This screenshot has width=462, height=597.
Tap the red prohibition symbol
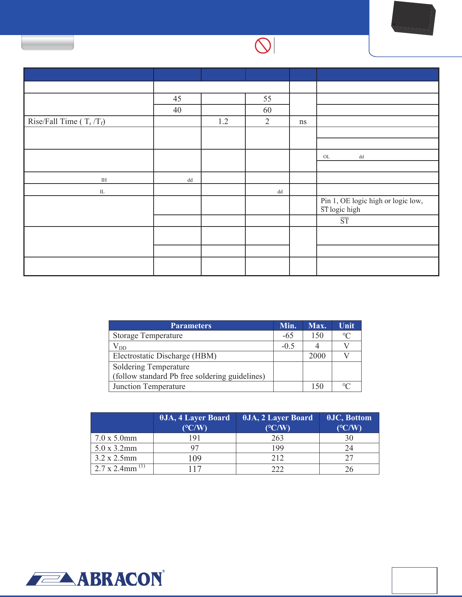[x=263, y=46]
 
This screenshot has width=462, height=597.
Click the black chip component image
[x=414, y=18]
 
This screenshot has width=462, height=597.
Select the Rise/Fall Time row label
[x=66, y=121]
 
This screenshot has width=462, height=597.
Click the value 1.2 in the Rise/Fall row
[x=223, y=121]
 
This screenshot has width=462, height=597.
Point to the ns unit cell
[x=303, y=121]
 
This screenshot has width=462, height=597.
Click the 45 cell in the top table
[x=177, y=99]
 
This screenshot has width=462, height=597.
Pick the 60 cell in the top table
[x=267, y=110]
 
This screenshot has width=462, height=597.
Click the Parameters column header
[x=191, y=326]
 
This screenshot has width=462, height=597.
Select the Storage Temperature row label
[x=148, y=335]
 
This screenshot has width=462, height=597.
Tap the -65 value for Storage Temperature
[x=288, y=335]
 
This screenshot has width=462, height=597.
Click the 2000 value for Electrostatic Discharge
[x=317, y=356]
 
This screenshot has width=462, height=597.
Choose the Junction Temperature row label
[x=149, y=386]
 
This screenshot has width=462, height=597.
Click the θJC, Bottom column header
[x=349, y=422]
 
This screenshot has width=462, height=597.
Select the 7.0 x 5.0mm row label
[x=116, y=438]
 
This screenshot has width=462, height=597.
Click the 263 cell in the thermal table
[x=277, y=438]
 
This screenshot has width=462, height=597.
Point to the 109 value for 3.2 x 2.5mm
[x=195, y=458]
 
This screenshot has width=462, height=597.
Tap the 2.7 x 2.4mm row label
[x=116, y=468]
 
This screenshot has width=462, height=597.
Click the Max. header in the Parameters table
[x=317, y=326]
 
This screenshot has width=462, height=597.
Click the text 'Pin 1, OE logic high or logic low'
[x=371, y=201]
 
